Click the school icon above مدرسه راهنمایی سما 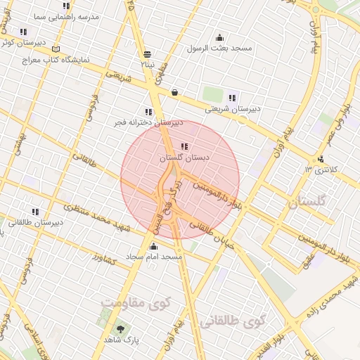pyautogui.click(x=67, y=6)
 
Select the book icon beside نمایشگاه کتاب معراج pyautogui.click(x=56, y=49)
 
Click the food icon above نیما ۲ pyautogui.click(x=147, y=54)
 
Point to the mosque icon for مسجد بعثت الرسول pyautogui.click(x=219, y=38)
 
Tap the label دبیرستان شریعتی pyautogui.click(x=233, y=109)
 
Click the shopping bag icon pyautogui.click(x=174, y=91)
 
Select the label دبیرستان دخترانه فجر pyautogui.click(x=148, y=122)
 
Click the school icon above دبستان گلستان pyautogui.click(x=184, y=147)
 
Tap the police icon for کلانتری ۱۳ pyautogui.click(x=321, y=159)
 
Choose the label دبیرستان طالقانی pyautogui.click(x=36, y=222)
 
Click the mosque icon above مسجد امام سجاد pyautogui.click(x=154, y=246)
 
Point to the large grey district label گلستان pyautogui.click(x=308, y=202)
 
